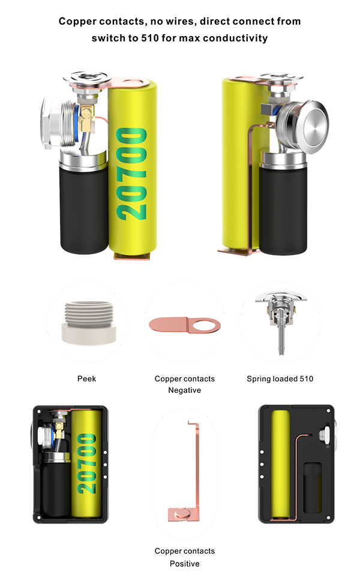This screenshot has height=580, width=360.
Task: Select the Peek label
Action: tap(86, 379)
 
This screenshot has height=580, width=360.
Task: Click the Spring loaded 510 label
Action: tap(280, 379)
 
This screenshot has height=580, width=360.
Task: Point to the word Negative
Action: tap(185, 390)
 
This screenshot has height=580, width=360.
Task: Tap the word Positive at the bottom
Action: tap(185, 564)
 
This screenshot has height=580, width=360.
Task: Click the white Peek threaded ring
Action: tap(89, 323)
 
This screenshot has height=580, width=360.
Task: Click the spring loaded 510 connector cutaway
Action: tap(282, 317)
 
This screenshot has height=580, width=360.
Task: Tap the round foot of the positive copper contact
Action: tap(182, 514)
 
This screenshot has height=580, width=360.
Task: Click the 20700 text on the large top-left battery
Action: tap(131, 174)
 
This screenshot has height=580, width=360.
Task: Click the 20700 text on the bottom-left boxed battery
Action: tap(86, 464)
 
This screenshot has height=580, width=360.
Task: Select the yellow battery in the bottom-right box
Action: tap(281, 464)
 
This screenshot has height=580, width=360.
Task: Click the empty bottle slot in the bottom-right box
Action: tap(313, 488)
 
